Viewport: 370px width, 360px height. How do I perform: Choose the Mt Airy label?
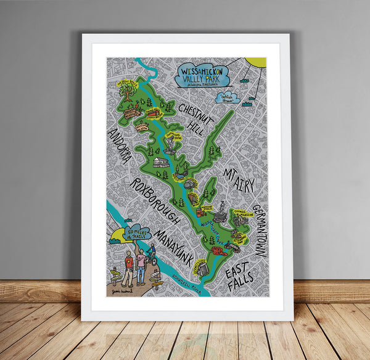(x=238, y=179)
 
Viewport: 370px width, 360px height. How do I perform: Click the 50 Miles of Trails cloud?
(x=137, y=233)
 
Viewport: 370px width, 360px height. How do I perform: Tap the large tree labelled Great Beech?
(x=128, y=91)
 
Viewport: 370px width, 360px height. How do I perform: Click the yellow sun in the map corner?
(x=256, y=62)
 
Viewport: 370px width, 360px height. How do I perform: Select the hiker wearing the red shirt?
(x=128, y=267)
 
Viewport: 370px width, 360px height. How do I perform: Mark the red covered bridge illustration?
(x=220, y=251)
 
